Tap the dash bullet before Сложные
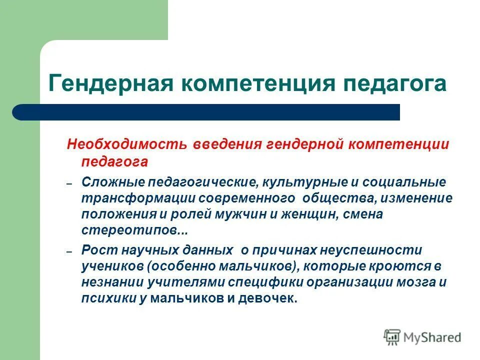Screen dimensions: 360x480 point(69,184)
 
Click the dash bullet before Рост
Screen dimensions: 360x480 point(69,252)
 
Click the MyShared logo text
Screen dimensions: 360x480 point(431,337)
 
